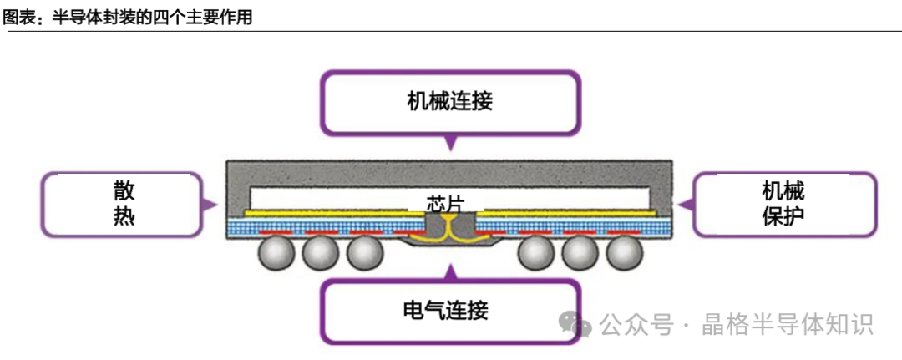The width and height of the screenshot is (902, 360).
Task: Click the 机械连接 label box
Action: point(451,102)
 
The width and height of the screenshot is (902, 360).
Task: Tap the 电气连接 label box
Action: point(451,311)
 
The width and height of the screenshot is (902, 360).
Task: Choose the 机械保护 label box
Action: point(783,204)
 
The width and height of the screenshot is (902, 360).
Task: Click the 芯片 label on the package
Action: point(444,203)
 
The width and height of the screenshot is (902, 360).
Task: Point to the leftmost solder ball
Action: point(276,253)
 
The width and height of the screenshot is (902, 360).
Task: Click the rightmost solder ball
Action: point(624,253)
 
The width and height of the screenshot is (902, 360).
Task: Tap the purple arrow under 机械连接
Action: point(451,143)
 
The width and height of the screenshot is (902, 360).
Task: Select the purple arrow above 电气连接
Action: point(451,271)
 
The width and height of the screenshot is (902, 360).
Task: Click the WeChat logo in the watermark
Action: point(575,324)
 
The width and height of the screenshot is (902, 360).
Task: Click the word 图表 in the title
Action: point(18,17)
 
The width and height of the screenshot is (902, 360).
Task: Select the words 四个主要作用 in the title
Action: point(203,17)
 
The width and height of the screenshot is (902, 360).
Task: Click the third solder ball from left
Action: point(365,253)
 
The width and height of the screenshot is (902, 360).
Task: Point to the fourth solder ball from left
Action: point(536,253)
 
